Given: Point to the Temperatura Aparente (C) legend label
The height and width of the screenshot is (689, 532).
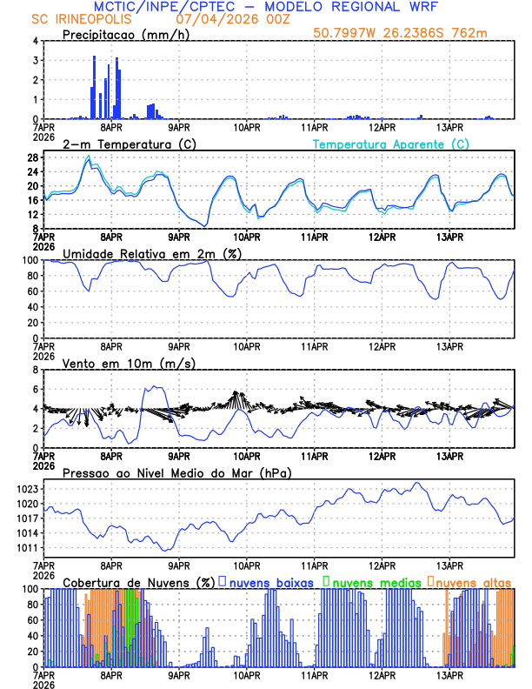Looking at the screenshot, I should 391,144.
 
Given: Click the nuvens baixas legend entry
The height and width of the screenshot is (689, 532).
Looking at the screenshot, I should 271,581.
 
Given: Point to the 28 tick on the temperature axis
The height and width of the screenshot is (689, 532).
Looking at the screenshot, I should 31,157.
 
